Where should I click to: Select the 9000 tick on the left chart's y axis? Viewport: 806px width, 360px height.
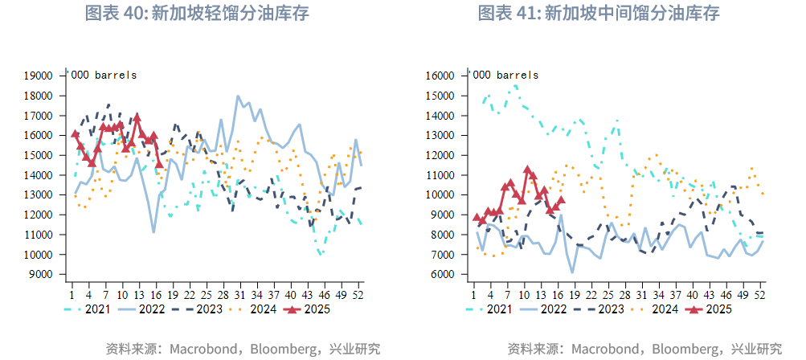(x=42, y=274)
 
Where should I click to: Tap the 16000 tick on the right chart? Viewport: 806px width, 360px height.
(x=440, y=76)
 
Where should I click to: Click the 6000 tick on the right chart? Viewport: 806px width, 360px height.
(x=444, y=274)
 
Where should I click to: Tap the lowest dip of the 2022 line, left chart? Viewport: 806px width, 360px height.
(x=153, y=232)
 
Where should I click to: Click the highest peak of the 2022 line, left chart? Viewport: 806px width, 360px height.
(x=238, y=96)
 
